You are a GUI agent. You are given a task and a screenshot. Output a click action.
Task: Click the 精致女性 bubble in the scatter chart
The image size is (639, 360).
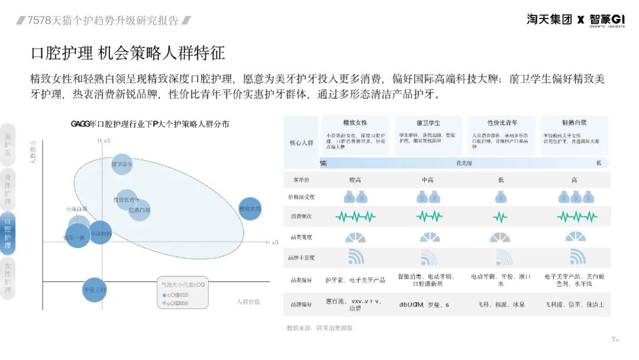[x=250, y=209]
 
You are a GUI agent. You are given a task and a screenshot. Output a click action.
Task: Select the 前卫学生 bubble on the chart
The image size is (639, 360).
[x=122, y=165]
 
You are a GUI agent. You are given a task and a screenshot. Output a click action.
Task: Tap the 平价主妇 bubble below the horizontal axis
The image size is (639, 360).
[x=94, y=290]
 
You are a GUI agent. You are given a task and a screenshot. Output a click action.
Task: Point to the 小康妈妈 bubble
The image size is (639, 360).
[x=100, y=233]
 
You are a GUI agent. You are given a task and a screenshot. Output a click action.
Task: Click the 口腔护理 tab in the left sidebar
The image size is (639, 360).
[x=8, y=233]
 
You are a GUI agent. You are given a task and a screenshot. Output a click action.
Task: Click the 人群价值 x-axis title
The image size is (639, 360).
[x=248, y=302]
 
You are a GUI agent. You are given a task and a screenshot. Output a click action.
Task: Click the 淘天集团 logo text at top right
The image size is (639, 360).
[x=549, y=20]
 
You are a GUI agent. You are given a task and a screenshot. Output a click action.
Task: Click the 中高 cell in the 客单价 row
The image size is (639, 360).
[x=429, y=179]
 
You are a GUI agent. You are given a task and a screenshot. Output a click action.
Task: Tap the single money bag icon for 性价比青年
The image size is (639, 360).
[x=501, y=197]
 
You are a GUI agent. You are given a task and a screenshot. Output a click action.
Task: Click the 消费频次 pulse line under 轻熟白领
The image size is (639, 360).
[x=577, y=217]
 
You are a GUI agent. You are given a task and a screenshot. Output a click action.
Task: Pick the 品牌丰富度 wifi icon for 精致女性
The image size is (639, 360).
[x=356, y=257]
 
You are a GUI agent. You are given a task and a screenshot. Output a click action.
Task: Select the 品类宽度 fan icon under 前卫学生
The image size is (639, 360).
[x=430, y=237]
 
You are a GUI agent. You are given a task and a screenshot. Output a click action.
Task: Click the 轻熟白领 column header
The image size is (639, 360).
[x=575, y=123]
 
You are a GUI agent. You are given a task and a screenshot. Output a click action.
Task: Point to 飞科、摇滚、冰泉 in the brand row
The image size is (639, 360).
[x=501, y=304]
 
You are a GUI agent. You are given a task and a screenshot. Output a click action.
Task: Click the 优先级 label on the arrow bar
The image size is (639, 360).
[x=464, y=163]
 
